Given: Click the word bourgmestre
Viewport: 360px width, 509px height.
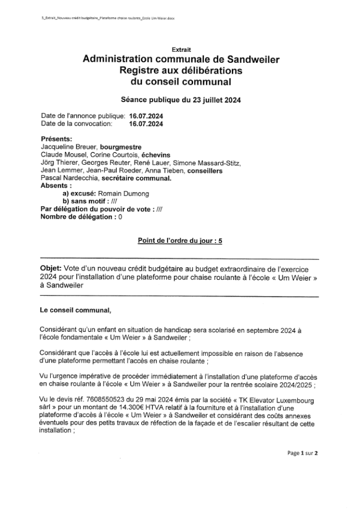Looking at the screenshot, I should (121, 148).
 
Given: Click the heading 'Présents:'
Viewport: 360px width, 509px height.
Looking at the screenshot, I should (57, 139).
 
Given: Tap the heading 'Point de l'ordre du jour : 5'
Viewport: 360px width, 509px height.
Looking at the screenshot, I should (180, 241).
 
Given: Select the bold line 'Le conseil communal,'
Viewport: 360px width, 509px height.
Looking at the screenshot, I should (75, 310).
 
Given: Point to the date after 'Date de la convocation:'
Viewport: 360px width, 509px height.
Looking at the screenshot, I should (146, 124).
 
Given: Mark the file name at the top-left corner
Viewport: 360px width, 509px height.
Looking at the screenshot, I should (108, 18).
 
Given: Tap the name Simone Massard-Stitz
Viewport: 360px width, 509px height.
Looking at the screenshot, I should (215, 163).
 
